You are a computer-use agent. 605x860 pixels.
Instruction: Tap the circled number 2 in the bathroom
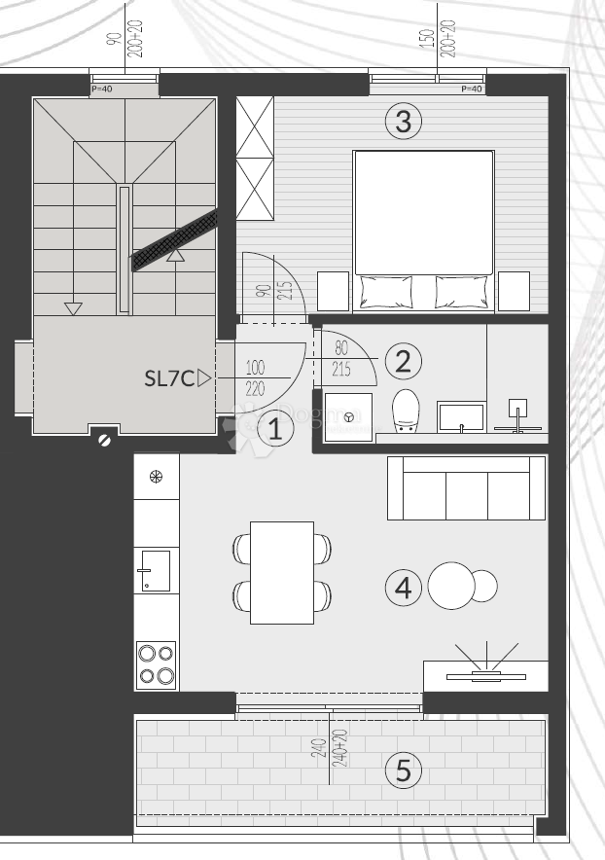click(404, 361)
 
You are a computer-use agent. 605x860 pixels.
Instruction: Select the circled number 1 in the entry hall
click(275, 428)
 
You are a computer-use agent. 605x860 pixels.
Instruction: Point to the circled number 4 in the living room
click(404, 587)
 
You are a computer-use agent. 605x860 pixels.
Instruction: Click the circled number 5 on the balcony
click(404, 771)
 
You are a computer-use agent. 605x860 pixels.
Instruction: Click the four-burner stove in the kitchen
click(157, 665)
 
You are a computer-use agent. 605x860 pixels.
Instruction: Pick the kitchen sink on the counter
click(155, 570)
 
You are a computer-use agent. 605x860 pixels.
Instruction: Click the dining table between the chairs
click(282, 572)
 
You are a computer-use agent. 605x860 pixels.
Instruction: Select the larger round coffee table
click(450, 586)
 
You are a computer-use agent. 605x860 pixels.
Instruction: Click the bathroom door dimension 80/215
click(341, 358)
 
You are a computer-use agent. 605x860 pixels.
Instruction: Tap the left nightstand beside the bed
click(333, 291)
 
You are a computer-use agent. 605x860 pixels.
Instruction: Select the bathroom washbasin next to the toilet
click(460, 416)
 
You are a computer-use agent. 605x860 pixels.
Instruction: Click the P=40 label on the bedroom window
click(471, 90)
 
